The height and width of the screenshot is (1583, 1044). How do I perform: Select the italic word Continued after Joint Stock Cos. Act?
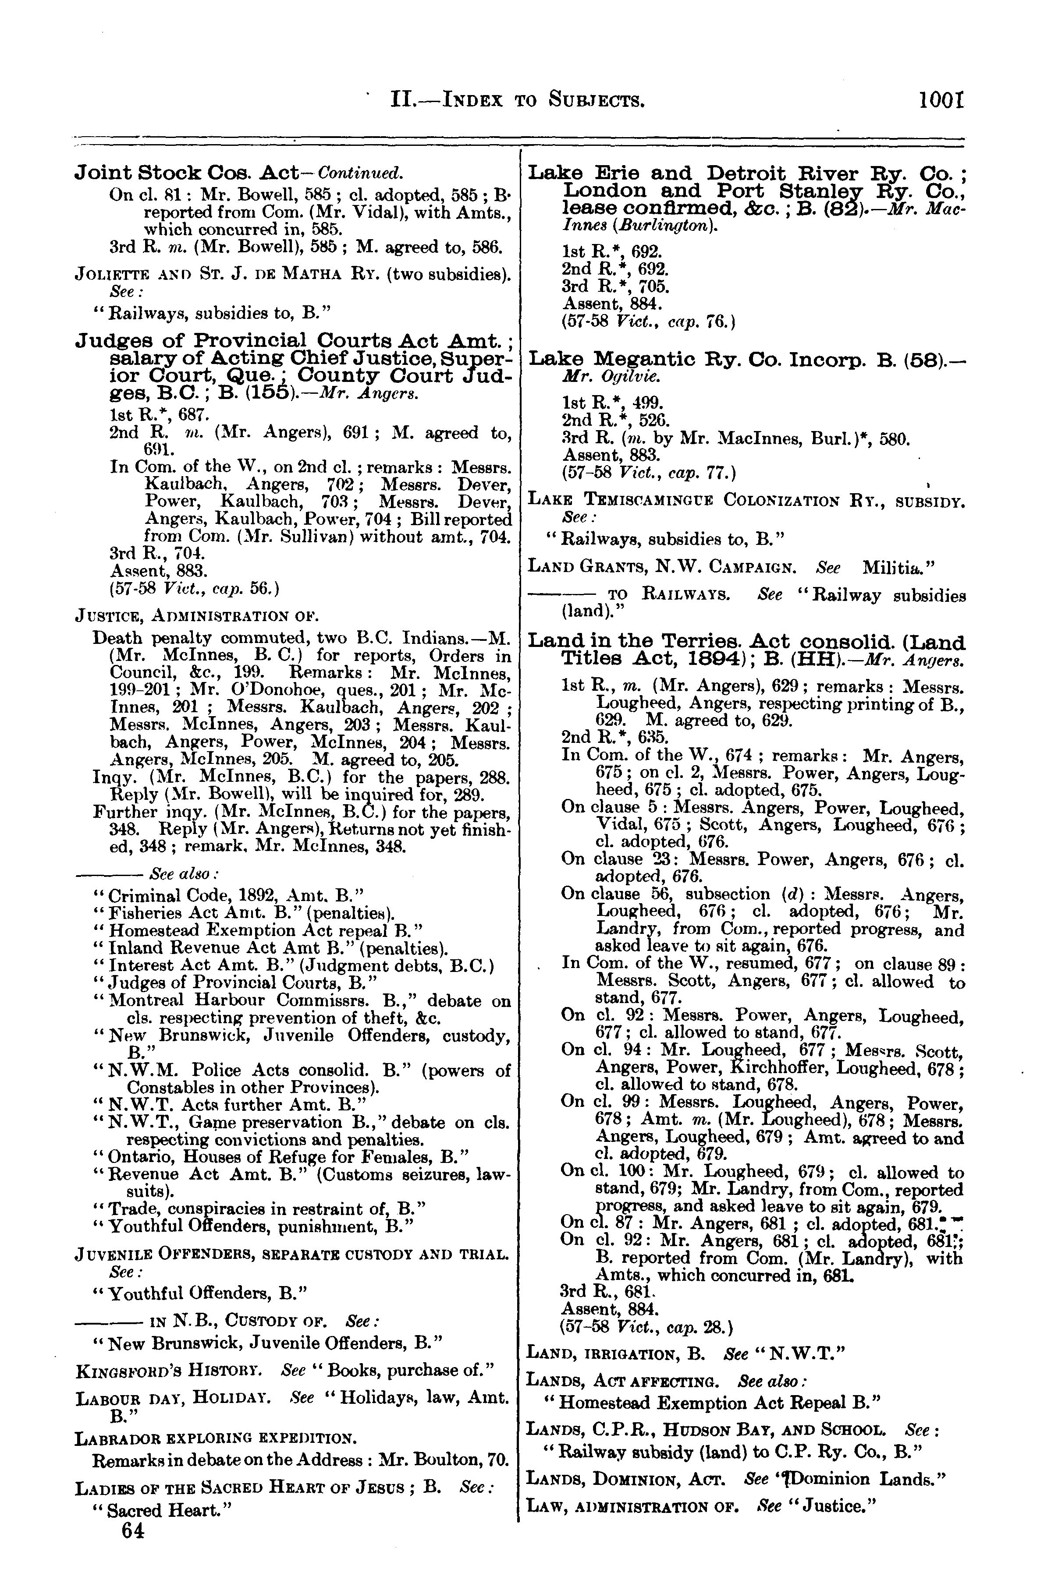[360, 173]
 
